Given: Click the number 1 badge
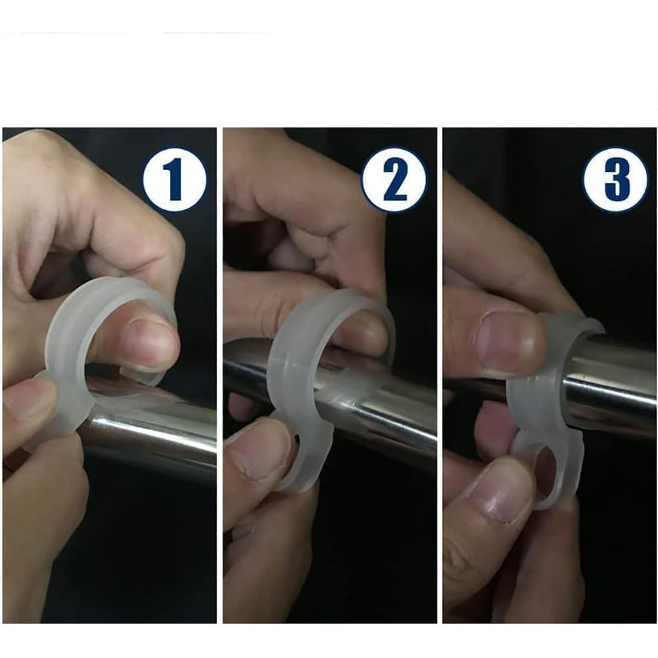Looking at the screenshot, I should (x=175, y=179).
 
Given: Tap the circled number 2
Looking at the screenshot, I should (x=395, y=179).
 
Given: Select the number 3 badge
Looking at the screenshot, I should (x=615, y=179).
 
